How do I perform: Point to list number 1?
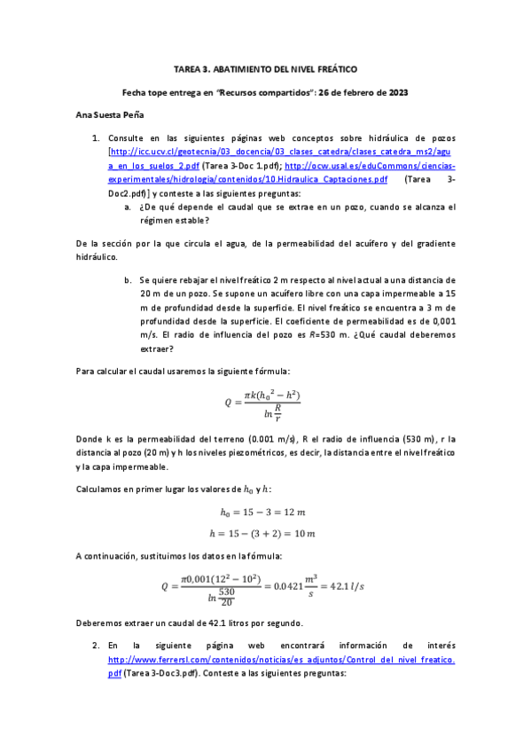tap(96, 139)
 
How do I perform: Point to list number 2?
tap(96, 647)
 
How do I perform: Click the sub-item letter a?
tap(129, 207)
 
